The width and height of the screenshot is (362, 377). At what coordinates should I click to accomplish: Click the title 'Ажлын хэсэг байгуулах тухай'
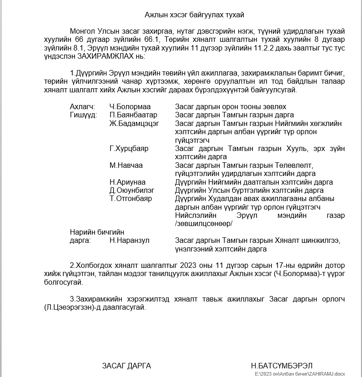(194, 15)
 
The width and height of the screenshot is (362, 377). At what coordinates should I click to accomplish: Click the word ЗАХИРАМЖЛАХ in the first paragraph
(103, 56)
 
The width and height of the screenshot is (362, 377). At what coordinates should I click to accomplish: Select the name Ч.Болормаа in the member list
(127, 106)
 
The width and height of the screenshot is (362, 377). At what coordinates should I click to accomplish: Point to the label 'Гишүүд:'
(83, 115)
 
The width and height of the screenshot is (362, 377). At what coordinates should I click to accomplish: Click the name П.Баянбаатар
(133, 115)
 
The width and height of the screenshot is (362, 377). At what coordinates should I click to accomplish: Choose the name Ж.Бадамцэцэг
(134, 123)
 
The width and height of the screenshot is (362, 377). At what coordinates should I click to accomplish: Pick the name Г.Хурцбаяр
(129, 149)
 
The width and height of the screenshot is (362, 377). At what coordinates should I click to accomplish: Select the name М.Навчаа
(126, 165)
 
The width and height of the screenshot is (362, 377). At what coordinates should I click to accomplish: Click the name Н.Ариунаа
(127, 182)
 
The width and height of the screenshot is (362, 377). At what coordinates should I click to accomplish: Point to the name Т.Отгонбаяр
(131, 198)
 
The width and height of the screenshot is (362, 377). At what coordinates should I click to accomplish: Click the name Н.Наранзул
(129, 241)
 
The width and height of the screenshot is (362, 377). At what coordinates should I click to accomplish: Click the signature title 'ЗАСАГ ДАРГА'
(126, 366)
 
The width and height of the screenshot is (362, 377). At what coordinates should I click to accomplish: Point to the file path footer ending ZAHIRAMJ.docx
(300, 374)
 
